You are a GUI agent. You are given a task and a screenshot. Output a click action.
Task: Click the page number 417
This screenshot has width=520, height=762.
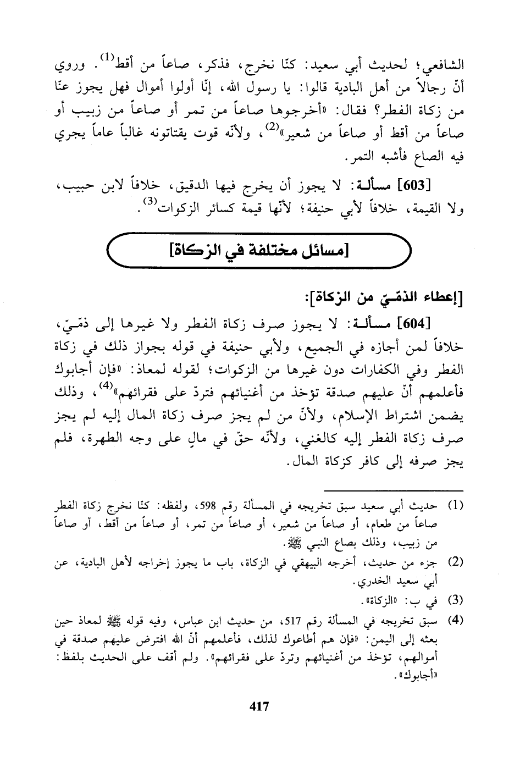[x=259, y=706]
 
